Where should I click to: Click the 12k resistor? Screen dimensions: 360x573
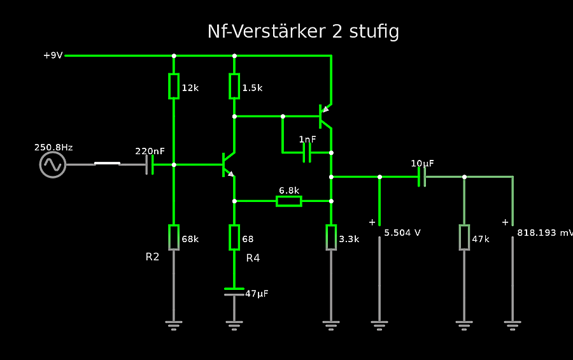(174, 86)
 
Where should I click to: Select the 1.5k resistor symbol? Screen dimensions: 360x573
(234, 86)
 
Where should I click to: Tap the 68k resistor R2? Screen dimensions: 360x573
(174, 237)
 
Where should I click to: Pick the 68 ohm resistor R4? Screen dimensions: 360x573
(234, 237)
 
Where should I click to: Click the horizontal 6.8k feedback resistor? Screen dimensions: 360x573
(288, 201)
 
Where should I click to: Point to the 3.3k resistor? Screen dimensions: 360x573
(331, 237)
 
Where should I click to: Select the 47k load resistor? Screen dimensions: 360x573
(464, 237)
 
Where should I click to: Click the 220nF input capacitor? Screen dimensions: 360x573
(150, 164)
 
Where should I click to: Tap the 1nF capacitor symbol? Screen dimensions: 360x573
(307, 152)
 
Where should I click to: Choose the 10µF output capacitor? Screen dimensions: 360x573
(421, 176)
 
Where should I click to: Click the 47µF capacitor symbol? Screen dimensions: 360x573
(234, 292)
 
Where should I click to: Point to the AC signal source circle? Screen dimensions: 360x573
(53, 164)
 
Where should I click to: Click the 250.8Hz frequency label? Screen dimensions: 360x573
(53, 147)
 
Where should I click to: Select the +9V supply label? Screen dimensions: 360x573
(53, 55)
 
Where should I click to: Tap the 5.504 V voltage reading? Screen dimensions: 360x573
(402, 233)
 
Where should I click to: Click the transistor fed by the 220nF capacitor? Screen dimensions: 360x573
(227, 164)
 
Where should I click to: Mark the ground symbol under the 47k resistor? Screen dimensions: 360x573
(464, 324)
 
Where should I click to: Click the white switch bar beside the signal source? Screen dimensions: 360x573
(107, 164)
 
